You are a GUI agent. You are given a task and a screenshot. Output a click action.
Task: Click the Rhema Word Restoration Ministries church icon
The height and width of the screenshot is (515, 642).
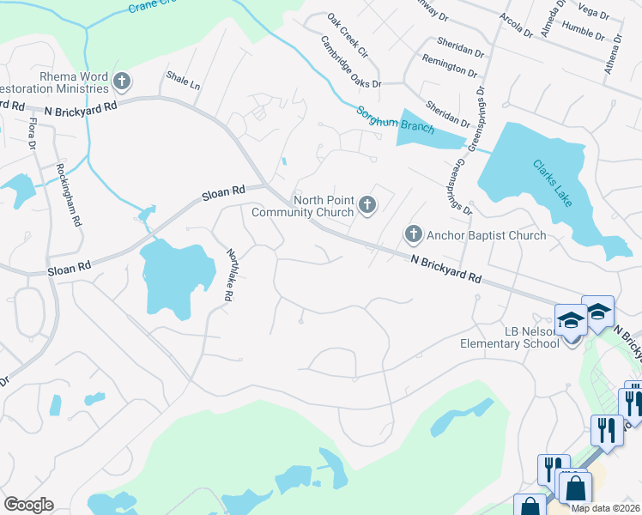[x=121, y=82]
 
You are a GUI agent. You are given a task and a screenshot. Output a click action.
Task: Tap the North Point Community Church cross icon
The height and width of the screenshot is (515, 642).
[x=367, y=204]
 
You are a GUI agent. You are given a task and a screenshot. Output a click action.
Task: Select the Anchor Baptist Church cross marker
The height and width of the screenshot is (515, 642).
[x=413, y=233]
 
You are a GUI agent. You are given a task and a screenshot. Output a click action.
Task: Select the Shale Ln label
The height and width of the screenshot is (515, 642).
[x=183, y=86]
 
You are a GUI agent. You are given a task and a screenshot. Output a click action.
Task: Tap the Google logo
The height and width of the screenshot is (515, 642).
[x=28, y=505]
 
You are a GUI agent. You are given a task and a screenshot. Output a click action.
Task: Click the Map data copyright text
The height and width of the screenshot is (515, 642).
[x=605, y=508]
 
